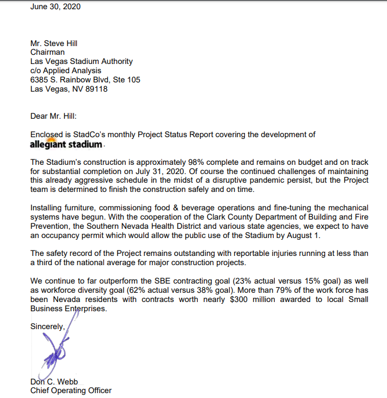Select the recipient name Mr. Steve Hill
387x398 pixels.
point(54,43)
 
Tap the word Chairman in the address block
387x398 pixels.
point(48,53)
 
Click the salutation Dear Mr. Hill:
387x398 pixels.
point(54,115)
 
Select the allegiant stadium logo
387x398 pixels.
point(66,144)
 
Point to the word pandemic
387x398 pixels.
point(259,181)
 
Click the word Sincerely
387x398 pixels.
point(48,326)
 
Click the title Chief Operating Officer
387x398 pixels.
point(70,390)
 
